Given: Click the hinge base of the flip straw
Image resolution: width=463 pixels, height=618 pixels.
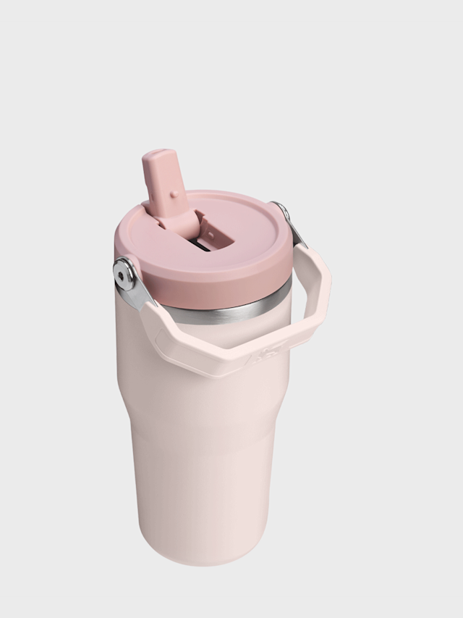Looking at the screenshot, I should click(x=178, y=217).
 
